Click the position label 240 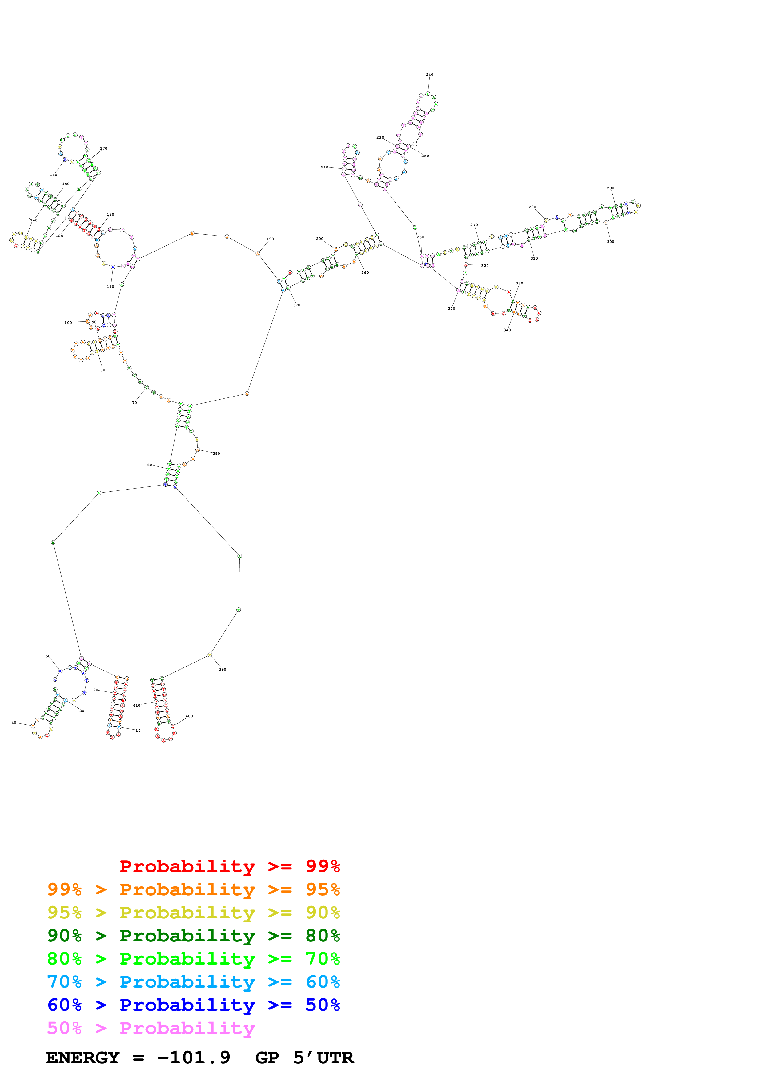click(x=429, y=74)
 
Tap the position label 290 click(x=610, y=188)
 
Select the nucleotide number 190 click(x=270, y=239)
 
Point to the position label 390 click(x=222, y=669)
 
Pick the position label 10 click(x=138, y=731)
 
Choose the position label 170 click(x=103, y=149)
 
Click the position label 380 click(x=216, y=453)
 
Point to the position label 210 click(x=324, y=167)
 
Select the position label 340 click(x=507, y=330)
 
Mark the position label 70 click(x=135, y=403)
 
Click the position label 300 click(x=610, y=242)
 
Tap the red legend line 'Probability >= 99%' click(x=229, y=866)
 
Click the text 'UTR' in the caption click(x=335, y=1058)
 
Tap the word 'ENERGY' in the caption click(x=83, y=1058)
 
